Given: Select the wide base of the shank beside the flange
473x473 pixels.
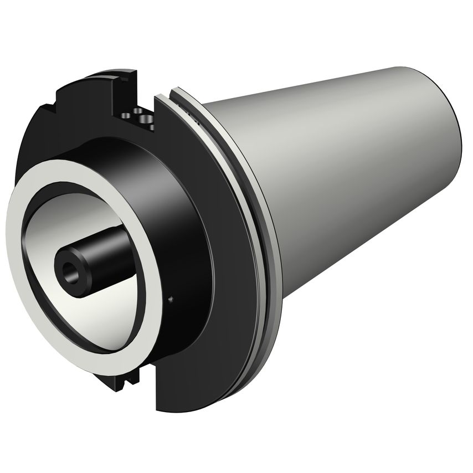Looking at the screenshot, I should point(244,166).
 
